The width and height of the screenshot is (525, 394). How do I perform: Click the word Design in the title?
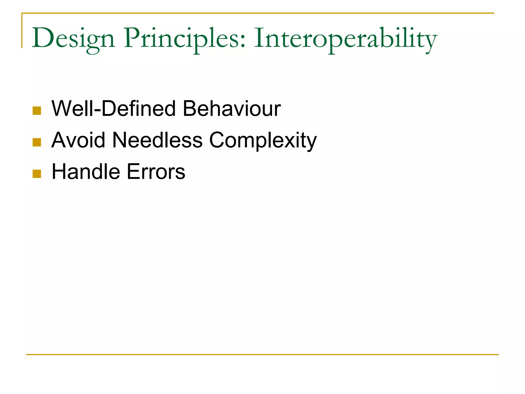(73, 38)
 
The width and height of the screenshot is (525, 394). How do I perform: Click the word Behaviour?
(232, 109)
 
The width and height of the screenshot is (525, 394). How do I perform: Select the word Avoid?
(78, 140)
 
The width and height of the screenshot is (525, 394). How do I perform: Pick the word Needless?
(157, 140)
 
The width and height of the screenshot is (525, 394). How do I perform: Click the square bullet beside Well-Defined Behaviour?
(37, 111)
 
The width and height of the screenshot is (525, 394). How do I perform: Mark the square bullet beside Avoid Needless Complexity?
(37, 142)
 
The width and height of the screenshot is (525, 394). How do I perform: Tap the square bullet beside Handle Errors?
(37, 174)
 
